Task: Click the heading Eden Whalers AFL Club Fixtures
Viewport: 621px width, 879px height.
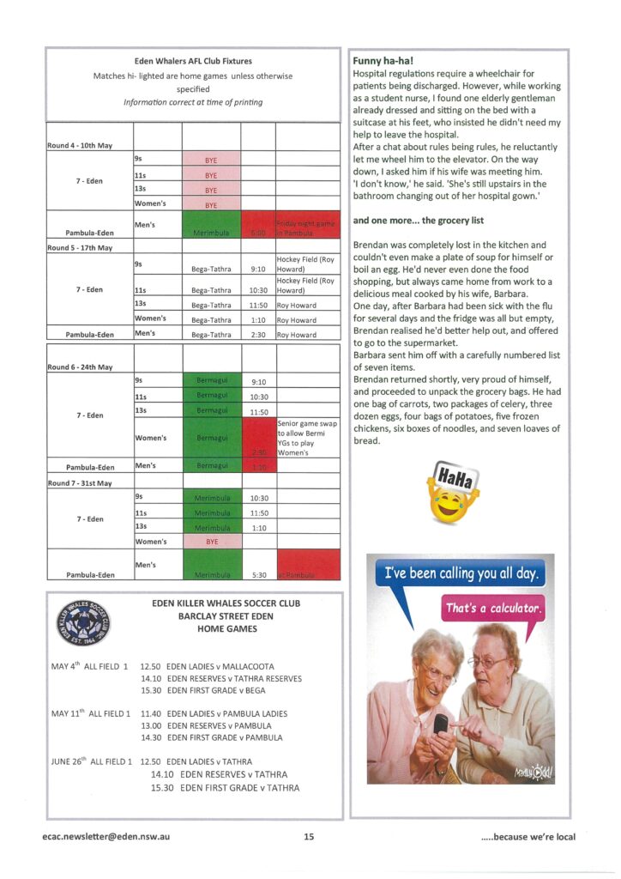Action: click(193, 62)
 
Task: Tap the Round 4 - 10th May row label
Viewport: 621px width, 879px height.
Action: click(80, 146)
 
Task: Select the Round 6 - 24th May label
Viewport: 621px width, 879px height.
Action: click(80, 367)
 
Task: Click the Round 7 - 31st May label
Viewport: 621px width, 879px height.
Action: click(80, 483)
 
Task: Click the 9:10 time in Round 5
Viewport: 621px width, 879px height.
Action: click(257, 269)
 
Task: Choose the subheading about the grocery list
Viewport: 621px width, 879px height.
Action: click(401, 220)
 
